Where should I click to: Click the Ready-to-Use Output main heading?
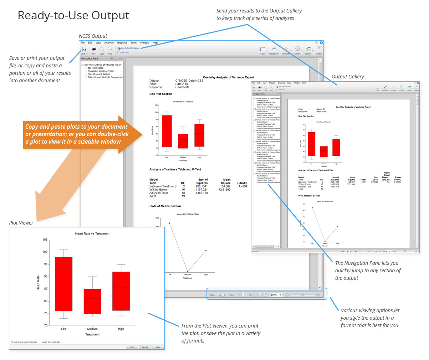(73, 16)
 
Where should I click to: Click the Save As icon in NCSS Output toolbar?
(84, 49)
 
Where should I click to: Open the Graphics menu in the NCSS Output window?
(122, 43)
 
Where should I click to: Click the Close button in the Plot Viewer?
(158, 347)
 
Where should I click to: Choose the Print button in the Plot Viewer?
(132, 347)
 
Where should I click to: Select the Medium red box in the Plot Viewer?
(92, 301)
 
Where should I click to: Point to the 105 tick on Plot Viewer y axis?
(45, 240)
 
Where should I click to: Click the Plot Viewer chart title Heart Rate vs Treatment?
(92, 233)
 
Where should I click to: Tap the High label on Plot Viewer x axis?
(121, 329)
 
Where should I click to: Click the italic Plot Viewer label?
(21, 223)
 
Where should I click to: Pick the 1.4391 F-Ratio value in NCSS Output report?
(242, 186)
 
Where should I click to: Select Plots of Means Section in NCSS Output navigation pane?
(99, 74)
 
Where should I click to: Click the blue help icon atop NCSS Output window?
(321, 43)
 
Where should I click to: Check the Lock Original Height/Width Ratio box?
(12, 342)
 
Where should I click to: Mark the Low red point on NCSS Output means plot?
(169, 223)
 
